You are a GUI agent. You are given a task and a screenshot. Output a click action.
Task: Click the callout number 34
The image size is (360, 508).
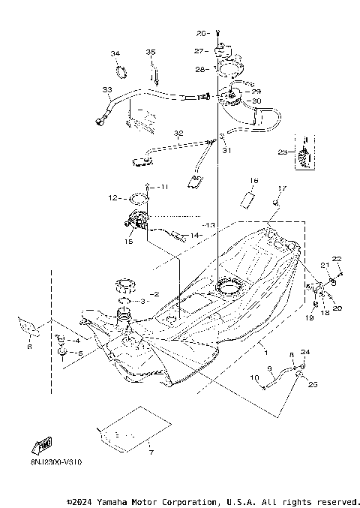(x=115, y=54)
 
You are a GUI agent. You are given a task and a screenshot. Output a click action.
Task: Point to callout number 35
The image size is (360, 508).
(x=150, y=52)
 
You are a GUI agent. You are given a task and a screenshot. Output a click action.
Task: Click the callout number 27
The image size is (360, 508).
(x=199, y=51)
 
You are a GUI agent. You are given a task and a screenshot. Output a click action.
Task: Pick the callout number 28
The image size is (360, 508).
(x=199, y=69)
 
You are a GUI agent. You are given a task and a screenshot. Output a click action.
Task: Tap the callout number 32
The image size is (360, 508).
(x=178, y=134)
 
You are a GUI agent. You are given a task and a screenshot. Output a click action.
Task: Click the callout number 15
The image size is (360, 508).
(x=128, y=241)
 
